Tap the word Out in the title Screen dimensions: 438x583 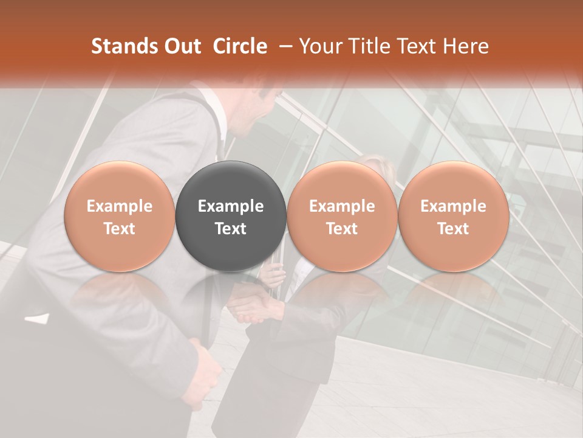tap(180, 46)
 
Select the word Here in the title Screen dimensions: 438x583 tap(465, 46)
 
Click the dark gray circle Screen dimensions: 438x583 tap(231, 216)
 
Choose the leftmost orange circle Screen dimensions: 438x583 tap(119, 216)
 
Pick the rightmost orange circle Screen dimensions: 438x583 tap(453, 216)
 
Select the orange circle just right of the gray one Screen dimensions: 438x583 tap(342, 216)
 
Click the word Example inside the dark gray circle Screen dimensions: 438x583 tap(231, 206)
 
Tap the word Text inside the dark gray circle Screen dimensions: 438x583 tap(231, 229)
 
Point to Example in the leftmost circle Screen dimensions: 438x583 tap(119, 206)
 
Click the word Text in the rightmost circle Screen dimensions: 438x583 tap(453, 229)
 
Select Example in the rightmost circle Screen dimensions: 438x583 tap(453, 206)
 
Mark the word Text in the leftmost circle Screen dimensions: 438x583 tap(119, 229)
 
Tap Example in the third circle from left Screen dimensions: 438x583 tap(342, 206)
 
